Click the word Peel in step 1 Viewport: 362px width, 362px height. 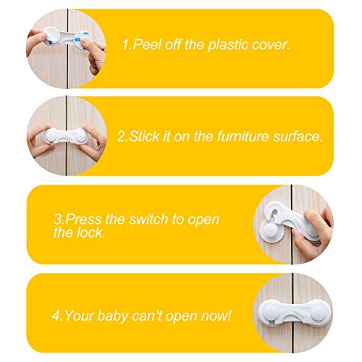click(x=146, y=45)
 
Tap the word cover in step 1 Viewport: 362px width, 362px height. click(x=269, y=45)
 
